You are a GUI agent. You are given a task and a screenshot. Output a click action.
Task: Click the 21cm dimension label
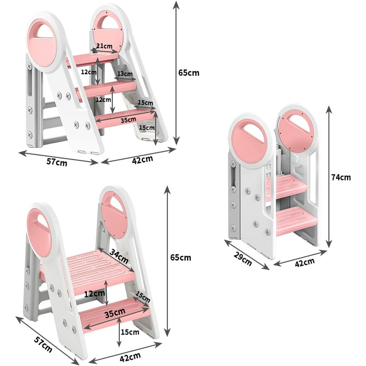105,46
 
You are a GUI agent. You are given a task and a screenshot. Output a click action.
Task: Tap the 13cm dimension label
124,74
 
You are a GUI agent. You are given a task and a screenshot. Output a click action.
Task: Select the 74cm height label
341,177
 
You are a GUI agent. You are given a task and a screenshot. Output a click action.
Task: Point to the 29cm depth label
243,259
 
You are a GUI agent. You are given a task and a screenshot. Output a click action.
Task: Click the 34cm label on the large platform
119,256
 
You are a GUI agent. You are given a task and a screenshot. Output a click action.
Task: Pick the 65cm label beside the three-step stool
189,73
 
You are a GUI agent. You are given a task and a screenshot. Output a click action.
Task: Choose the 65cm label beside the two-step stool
181,258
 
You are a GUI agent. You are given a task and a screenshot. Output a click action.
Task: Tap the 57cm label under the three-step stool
56,162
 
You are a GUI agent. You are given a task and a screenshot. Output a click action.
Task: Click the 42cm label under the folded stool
305,263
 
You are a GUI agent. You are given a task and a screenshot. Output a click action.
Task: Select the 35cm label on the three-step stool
129,120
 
